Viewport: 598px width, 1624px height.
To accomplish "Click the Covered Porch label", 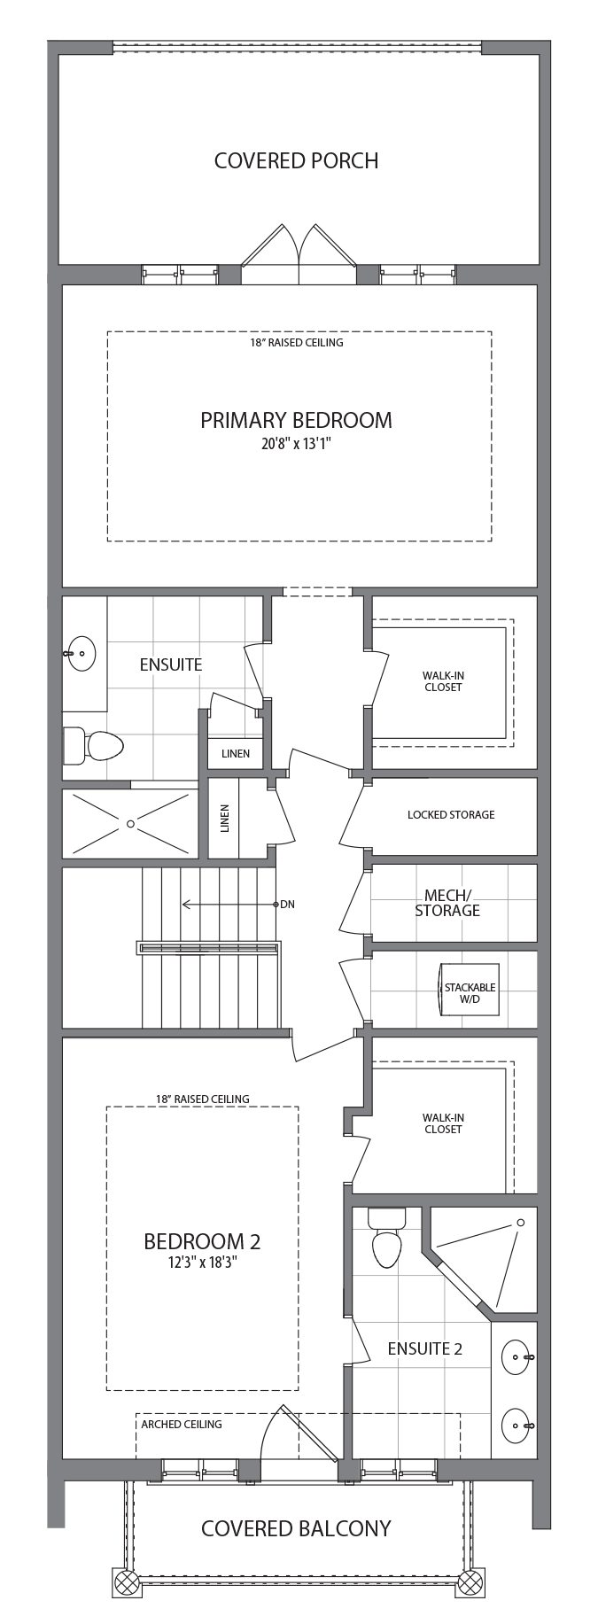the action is (x=296, y=160).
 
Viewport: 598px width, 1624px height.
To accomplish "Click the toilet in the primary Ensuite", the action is (x=93, y=746).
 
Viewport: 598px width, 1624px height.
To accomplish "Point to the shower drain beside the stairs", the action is (x=130, y=824).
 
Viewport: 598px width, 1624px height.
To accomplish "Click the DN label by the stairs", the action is (x=287, y=905).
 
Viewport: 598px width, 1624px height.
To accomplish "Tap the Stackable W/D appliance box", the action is (x=470, y=990).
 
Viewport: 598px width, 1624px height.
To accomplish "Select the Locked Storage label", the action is (x=451, y=814).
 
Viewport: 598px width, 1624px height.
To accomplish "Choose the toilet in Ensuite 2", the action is (x=387, y=1239).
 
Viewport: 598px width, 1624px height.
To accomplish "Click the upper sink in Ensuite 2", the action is (x=516, y=1356).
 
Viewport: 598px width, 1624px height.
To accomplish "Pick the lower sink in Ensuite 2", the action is (x=516, y=1426).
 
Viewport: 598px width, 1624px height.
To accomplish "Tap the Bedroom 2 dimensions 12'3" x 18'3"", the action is (x=202, y=1263).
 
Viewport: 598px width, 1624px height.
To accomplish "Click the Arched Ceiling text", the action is (x=182, y=1424).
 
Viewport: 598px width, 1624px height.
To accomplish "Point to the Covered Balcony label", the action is (x=296, y=1528).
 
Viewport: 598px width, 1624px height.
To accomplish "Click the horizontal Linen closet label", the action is (x=236, y=754).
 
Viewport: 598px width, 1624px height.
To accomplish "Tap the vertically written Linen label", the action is (x=224, y=819).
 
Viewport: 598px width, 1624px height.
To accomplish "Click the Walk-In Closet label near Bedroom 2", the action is (x=443, y=1123).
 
